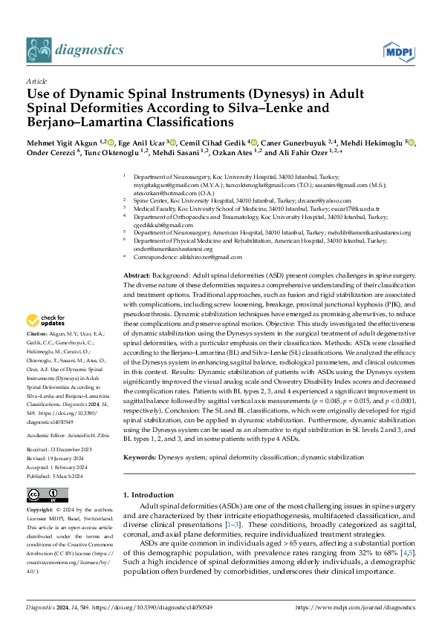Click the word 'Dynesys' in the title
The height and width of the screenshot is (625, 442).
coord(237,94)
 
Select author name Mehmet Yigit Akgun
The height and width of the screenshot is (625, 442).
coord(61,143)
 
